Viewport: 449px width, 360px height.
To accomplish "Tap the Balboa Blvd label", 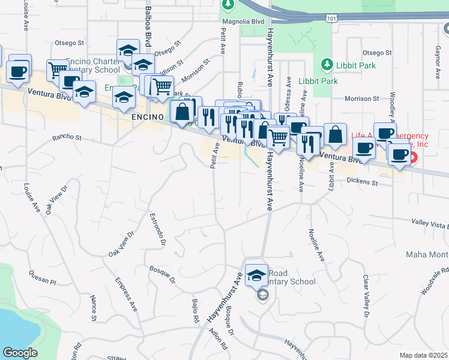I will click(147, 44).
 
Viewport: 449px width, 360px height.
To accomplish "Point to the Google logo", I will click(20, 353).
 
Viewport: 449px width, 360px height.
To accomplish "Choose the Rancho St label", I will click(67, 137).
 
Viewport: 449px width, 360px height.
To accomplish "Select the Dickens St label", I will click(363, 181).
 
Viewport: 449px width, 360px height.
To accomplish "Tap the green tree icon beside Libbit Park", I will click(327, 64).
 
